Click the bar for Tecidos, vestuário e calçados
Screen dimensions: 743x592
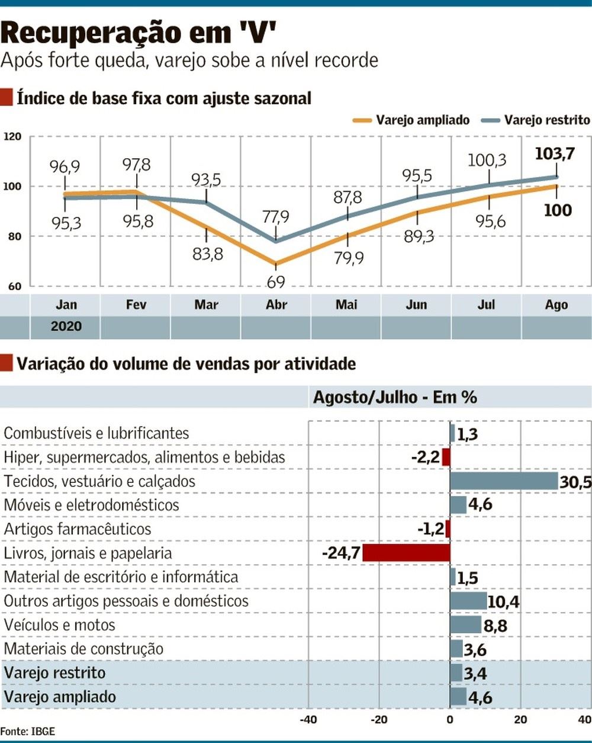point(504,481)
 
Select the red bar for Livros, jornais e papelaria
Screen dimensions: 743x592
point(406,553)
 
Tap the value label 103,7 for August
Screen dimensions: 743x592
point(554,154)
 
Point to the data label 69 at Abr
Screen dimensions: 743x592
point(276,282)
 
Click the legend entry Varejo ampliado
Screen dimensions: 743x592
point(422,120)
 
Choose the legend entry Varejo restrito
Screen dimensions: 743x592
point(546,120)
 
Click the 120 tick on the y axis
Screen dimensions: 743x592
point(12,137)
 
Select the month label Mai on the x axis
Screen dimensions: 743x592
point(346,305)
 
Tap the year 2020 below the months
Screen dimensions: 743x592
point(66,326)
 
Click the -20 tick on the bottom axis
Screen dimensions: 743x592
point(378,720)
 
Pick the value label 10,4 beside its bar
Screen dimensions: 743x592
point(503,602)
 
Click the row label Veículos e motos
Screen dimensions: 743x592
point(59,625)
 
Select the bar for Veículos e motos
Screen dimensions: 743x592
point(466,624)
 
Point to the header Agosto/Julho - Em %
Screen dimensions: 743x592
point(394,397)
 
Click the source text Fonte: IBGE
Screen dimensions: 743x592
point(28,732)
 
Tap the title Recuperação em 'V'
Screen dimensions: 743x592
point(139,33)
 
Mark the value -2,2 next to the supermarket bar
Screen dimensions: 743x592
point(425,457)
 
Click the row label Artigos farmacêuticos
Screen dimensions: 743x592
point(78,529)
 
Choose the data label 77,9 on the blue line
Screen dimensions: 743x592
point(276,217)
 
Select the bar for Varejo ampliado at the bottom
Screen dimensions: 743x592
point(458,696)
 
